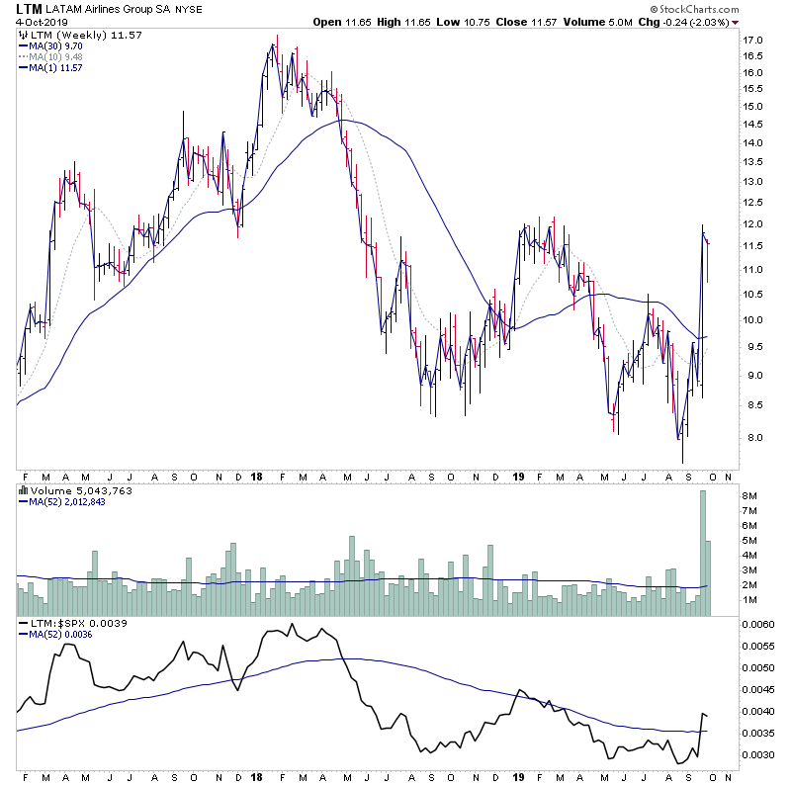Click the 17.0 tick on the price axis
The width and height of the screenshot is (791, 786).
pos(754,41)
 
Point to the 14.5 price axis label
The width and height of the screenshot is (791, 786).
pos(754,124)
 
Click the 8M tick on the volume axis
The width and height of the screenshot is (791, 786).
pos(750,495)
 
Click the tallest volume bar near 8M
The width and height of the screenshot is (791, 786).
pos(704,554)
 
